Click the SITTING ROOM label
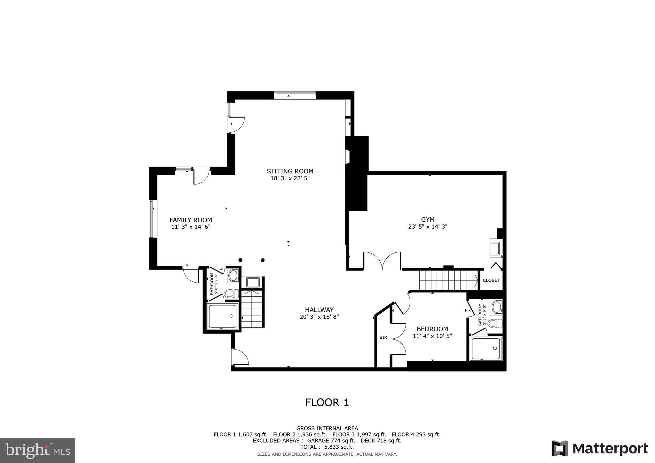tap(290, 171)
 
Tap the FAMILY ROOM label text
tap(191, 220)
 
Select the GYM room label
tap(428, 220)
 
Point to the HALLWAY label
tap(319, 310)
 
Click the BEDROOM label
tap(432, 329)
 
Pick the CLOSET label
tap(491, 280)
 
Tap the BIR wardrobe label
tap(383, 337)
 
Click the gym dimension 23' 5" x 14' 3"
tap(428, 227)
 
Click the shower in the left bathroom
tap(223, 316)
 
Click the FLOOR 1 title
tap(327, 403)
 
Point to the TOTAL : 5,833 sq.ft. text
tap(327, 447)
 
